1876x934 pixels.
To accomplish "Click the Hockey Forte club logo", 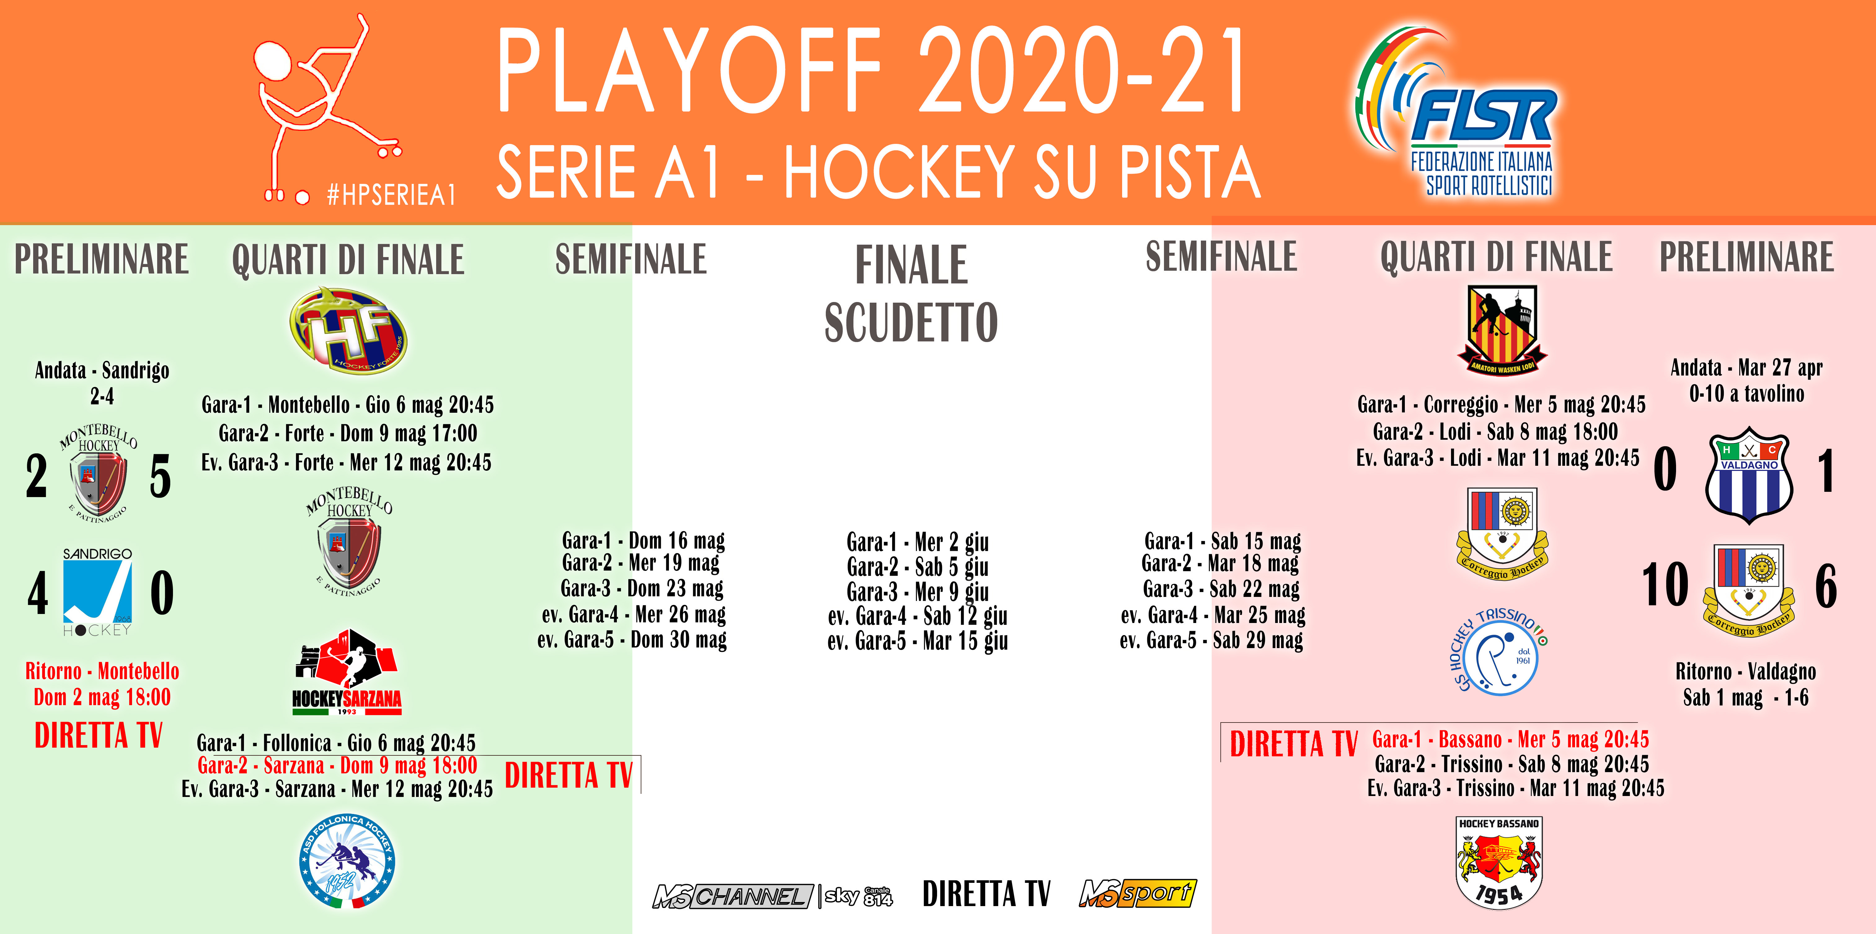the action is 348,329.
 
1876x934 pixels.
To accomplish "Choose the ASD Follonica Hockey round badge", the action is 347,861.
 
